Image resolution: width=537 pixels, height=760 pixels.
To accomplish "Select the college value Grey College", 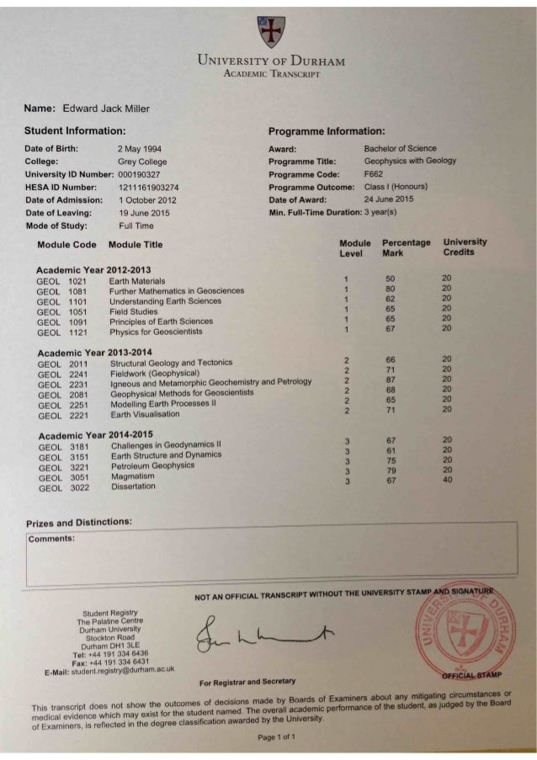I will pos(142,162).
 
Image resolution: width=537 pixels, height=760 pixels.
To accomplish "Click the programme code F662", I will pos(374,173).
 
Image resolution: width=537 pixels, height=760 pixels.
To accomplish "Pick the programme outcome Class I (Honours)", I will pos(396,187).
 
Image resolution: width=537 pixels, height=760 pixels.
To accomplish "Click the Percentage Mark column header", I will pos(406,247).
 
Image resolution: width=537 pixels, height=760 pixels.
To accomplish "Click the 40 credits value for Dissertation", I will pos(449,481).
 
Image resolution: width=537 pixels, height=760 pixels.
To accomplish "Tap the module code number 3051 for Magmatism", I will pos(79,476).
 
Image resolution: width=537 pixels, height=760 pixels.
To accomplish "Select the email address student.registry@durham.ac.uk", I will pos(124,670).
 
